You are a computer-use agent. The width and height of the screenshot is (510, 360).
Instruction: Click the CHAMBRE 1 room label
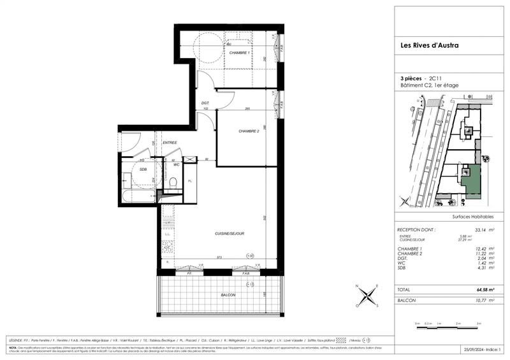click(x=239, y=52)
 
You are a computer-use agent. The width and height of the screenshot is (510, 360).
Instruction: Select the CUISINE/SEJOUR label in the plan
click(x=229, y=233)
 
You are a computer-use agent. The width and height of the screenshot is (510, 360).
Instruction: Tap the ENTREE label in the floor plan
click(x=170, y=143)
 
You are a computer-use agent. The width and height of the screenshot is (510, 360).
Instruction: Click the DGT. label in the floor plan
click(x=205, y=103)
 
